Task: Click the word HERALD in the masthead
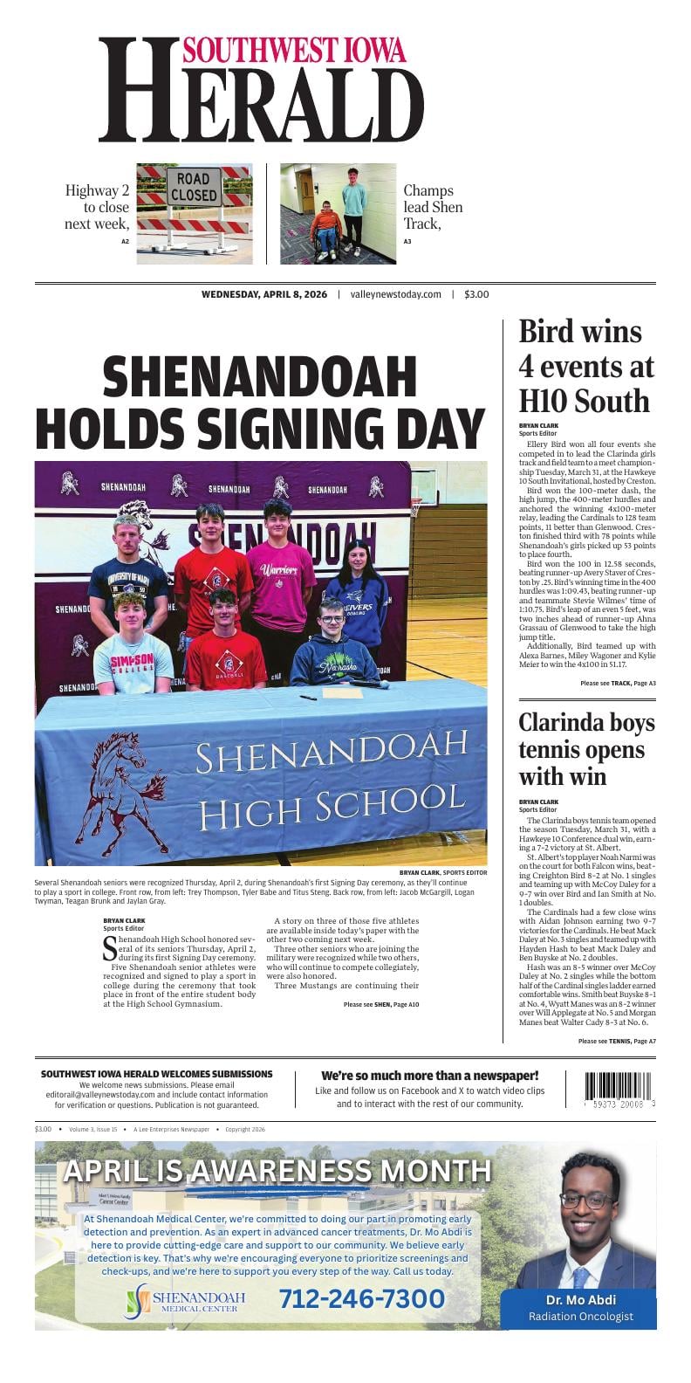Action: pyautogui.click(x=262, y=103)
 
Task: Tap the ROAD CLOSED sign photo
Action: pyautogui.click(x=194, y=213)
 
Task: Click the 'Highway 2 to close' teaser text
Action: pyautogui.click(x=97, y=207)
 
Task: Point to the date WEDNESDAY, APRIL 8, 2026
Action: pyautogui.click(x=264, y=295)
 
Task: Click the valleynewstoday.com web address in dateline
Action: pyautogui.click(x=395, y=295)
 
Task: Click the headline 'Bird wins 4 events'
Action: pyautogui.click(x=585, y=367)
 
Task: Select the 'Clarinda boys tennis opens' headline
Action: pyautogui.click(x=585, y=749)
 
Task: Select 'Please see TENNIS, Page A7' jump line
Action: pyautogui.click(x=617, y=1041)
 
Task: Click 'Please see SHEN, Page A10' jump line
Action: pyautogui.click(x=381, y=1005)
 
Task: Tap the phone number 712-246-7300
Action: pyautogui.click(x=361, y=1298)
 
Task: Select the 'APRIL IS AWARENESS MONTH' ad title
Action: pyautogui.click(x=277, y=1170)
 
